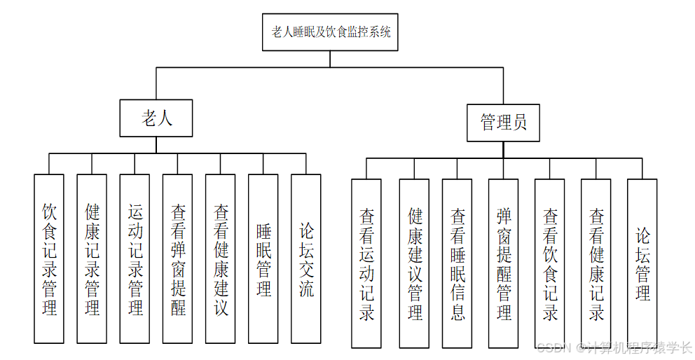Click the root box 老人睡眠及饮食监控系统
tap(330, 32)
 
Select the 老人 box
tap(156, 118)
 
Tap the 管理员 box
tap(503, 123)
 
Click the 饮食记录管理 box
tap(49, 259)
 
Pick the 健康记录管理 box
tap(92, 259)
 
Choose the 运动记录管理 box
tap(135, 259)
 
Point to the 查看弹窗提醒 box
tap(177, 259)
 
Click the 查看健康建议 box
tap(220, 259)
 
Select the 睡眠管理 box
tap(263, 259)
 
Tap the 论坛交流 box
tap(306, 259)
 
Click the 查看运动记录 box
tap(366, 263)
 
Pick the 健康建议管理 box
tap(414, 263)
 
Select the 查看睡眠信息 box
tap(457, 263)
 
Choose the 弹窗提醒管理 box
tap(503, 263)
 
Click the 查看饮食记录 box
tap(550, 263)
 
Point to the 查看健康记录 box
tap(596, 263)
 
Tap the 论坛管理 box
tap(642, 263)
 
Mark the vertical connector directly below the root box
tap(330, 59)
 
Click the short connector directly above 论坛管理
tap(642, 168)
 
